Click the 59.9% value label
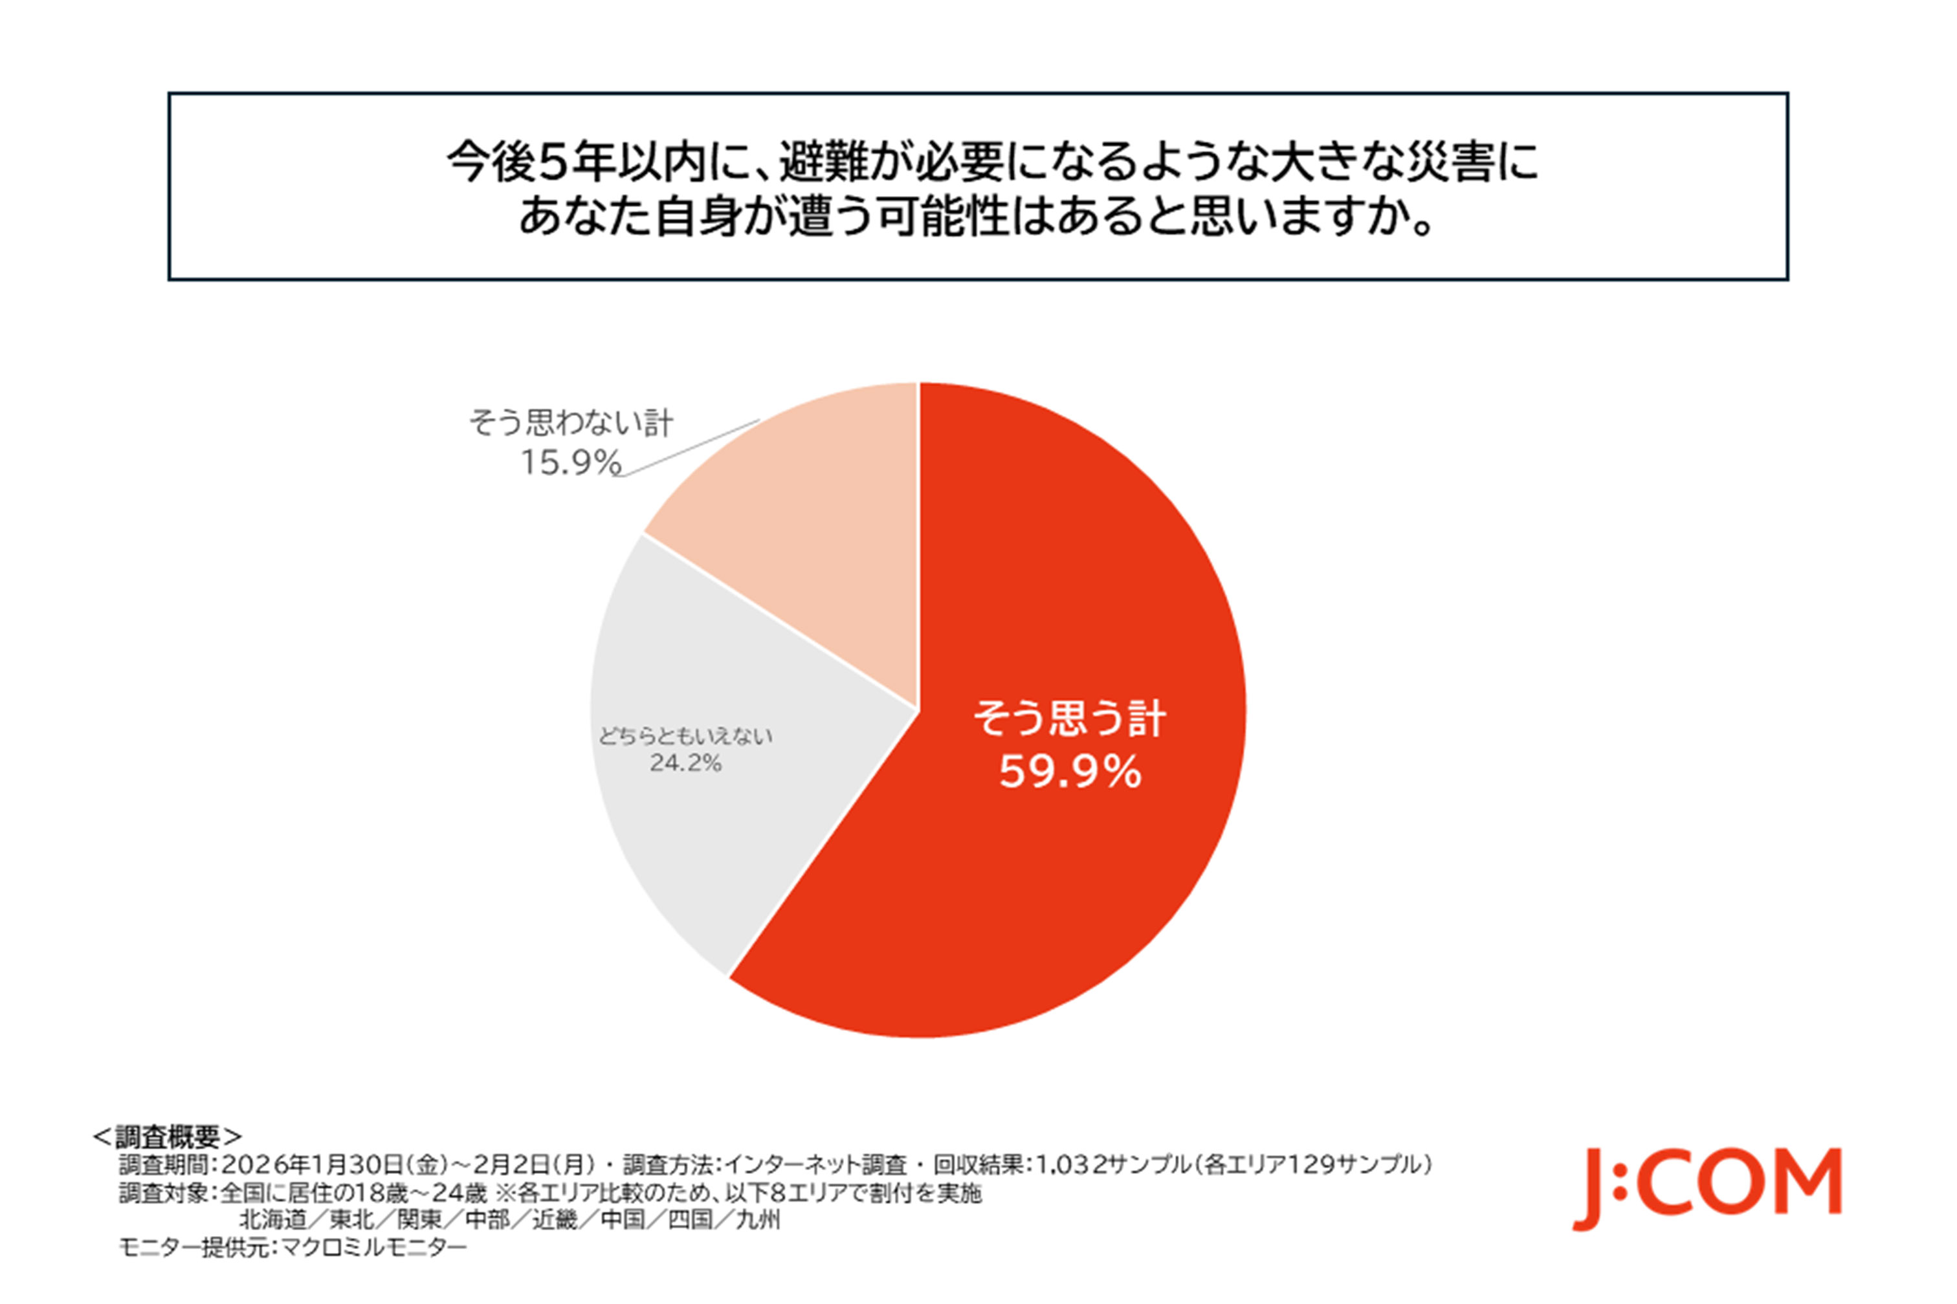(1070, 772)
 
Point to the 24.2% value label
(685, 763)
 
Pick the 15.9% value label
(571, 462)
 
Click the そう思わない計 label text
(571, 422)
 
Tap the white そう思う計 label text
(1070, 718)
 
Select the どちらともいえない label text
(685, 736)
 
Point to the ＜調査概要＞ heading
(167, 1136)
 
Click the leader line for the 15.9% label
(691, 448)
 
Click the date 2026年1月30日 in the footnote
(313, 1164)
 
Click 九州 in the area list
(758, 1220)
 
